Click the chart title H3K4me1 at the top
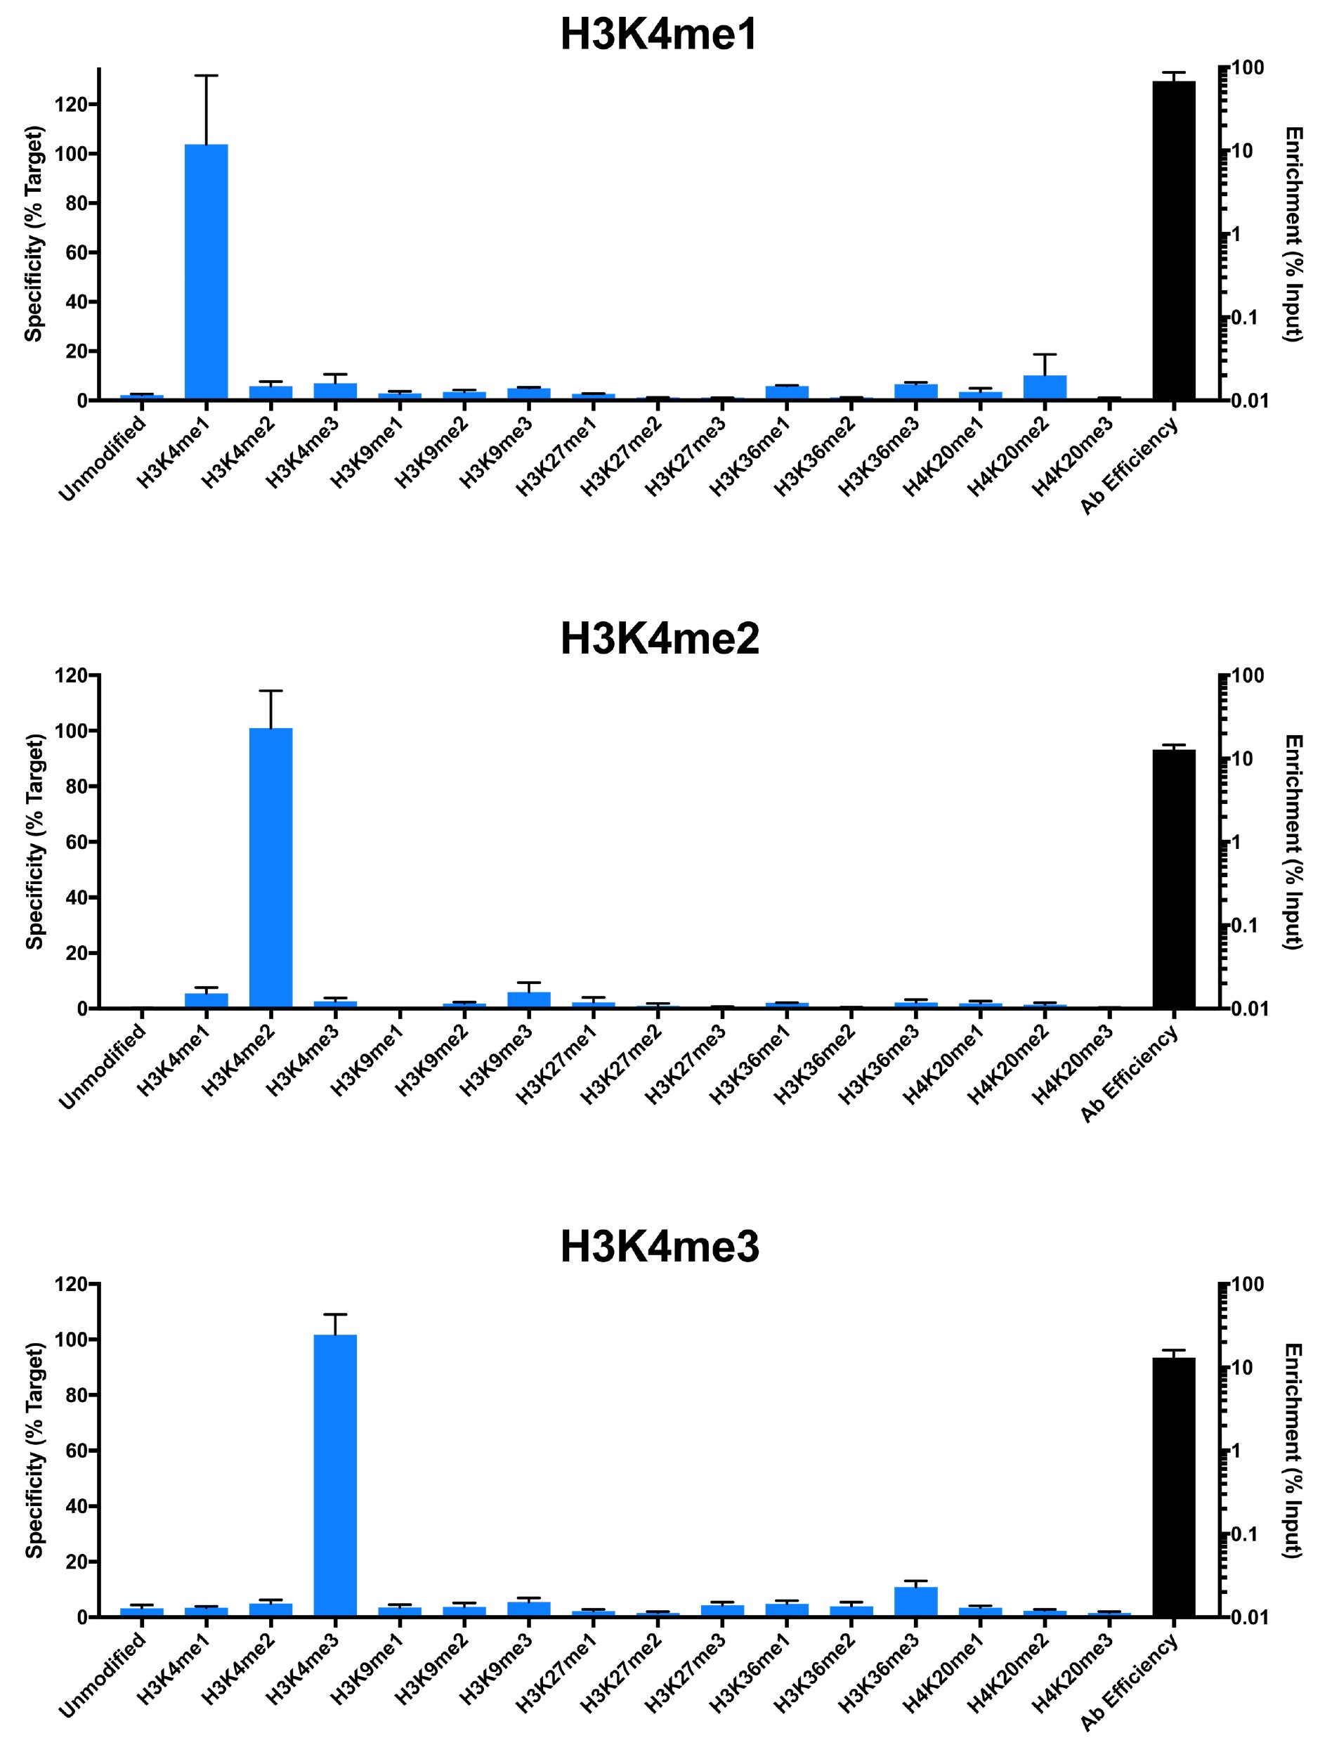pos(658,35)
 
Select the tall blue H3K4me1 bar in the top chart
pos(207,271)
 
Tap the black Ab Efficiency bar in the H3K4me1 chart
pos(1173,239)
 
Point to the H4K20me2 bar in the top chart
pos(1044,387)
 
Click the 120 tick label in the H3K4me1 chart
pos(70,105)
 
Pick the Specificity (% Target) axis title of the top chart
pos(33,234)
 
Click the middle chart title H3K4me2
pos(659,640)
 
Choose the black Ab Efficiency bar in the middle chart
pos(1173,878)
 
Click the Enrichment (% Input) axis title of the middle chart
pos(1293,842)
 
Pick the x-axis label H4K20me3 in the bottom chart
pos(1073,1673)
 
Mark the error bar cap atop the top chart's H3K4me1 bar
pos(207,76)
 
